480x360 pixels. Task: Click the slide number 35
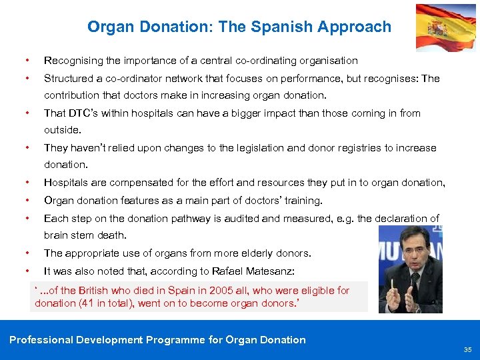467,350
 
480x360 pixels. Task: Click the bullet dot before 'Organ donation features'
26,200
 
